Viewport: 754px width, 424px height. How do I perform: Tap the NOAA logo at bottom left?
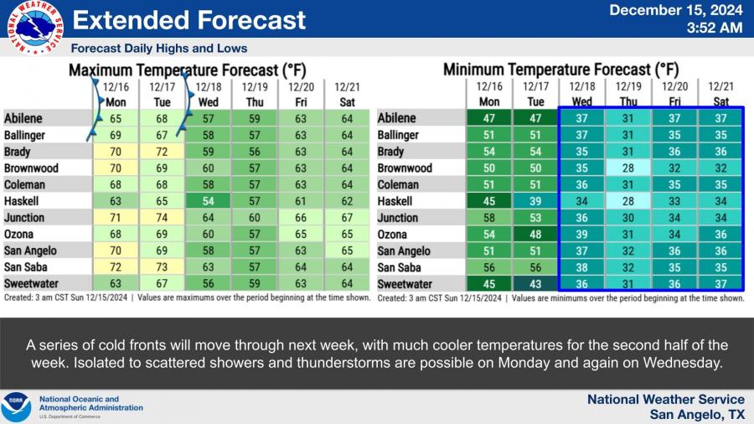16,407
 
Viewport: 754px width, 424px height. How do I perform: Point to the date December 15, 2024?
674,11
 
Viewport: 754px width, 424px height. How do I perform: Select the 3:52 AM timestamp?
714,28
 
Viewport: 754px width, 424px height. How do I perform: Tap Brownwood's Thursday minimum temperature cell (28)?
627,168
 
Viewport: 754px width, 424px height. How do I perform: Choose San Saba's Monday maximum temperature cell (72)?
115,267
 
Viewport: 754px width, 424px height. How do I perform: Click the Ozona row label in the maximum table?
21,235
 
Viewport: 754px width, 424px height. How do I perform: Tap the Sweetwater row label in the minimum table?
406,284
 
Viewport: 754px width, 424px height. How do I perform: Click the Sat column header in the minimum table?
720,101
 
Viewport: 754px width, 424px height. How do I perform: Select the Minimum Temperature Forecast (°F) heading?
560,70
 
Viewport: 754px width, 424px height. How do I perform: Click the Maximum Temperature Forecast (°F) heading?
186,70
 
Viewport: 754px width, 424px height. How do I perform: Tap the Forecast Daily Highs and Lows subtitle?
159,48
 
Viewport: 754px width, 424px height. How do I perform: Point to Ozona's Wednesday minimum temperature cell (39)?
581,235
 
